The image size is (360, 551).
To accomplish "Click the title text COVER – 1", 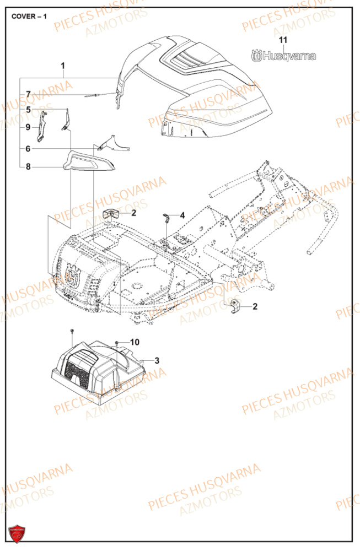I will [x=29, y=16].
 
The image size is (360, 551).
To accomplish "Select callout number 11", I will [x=283, y=40].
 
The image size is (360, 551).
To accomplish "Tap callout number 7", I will [x=28, y=94].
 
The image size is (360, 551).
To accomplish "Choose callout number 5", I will [x=28, y=110].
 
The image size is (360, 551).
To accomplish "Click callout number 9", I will [x=28, y=127].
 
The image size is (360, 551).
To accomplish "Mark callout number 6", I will [x=28, y=149].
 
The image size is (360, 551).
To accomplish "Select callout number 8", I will [x=28, y=166].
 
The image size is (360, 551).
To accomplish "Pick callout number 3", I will [x=157, y=360].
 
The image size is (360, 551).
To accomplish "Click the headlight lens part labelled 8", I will [x=89, y=161].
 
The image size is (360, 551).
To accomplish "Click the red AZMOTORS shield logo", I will [x=15, y=533].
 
